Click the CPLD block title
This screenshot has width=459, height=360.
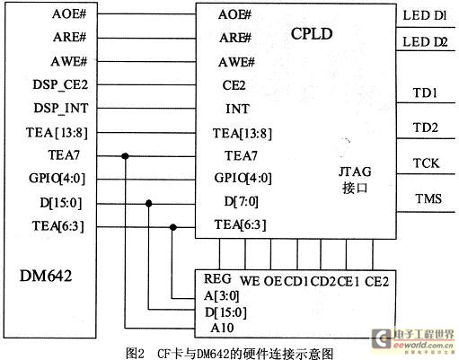point(312,34)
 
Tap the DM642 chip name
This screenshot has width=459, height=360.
point(46,276)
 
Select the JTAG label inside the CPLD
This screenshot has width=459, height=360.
point(355,171)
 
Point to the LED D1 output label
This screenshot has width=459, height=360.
point(425,15)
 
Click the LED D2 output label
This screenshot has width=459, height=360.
point(425,42)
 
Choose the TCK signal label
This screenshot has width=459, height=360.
point(426,163)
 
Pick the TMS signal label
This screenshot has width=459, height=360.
point(428,198)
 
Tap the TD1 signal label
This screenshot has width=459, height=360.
point(425,92)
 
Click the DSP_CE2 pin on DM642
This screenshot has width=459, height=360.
point(60,84)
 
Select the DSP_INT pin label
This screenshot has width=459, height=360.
point(61,108)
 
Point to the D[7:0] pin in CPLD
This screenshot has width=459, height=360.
point(242,201)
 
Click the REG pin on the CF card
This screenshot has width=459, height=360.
point(217,279)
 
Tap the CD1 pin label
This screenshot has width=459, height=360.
point(296,282)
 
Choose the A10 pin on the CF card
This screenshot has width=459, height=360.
point(222,328)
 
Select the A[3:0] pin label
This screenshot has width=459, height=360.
point(222,296)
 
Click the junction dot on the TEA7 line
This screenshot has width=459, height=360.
point(125,156)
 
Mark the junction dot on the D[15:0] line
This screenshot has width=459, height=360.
point(149,204)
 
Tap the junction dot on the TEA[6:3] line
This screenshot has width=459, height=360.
point(172,227)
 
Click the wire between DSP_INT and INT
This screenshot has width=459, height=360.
point(146,109)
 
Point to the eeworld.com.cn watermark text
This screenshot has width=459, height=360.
point(424,345)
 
